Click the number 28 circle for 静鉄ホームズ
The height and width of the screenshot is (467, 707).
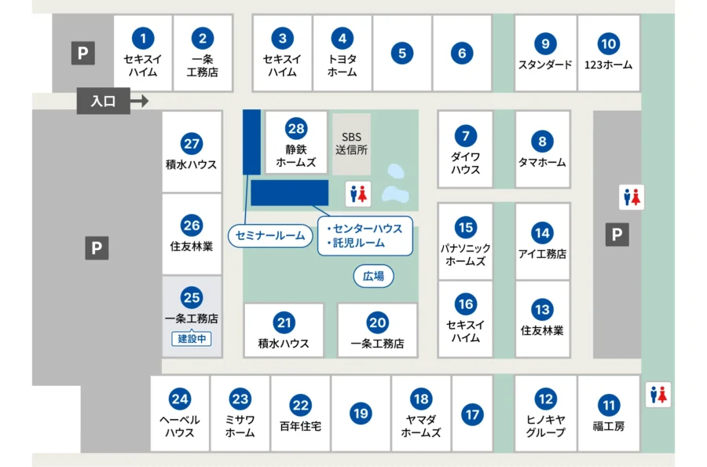(x=295, y=129)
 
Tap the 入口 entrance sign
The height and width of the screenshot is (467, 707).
(x=104, y=101)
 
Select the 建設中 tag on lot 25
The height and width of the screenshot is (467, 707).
(x=192, y=339)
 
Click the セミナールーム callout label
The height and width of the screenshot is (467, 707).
(x=269, y=235)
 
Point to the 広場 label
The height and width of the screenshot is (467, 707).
(x=373, y=276)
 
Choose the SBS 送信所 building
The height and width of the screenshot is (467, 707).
(x=351, y=143)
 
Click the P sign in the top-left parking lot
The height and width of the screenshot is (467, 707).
(x=83, y=53)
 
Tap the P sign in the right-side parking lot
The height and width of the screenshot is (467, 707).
(x=617, y=234)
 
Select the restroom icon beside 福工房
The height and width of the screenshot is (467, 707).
(x=658, y=395)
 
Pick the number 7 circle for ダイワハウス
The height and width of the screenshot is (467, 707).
(x=465, y=135)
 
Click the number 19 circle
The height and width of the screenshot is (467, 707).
(x=361, y=413)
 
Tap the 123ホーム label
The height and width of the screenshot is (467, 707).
(x=608, y=65)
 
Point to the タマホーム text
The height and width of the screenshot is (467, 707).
(x=542, y=163)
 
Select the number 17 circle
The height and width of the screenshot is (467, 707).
(x=472, y=414)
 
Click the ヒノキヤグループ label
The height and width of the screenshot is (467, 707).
(x=546, y=426)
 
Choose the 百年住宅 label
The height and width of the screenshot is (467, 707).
(x=300, y=426)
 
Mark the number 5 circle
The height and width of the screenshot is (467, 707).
(x=401, y=53)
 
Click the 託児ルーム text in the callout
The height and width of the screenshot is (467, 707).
(x=358, y=244)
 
